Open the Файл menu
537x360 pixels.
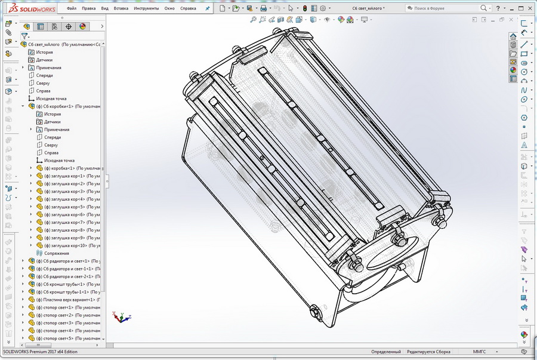tap(72, 9)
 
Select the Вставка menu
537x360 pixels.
tap(121, 9)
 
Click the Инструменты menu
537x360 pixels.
tap(146, 9)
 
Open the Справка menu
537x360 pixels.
tap(189, 9)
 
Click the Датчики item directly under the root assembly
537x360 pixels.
tap(44, 60)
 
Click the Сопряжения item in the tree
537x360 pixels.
tap(56, 253)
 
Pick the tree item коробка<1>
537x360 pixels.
tap(66, 168)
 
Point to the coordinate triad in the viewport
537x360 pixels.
tap(120, 316)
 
